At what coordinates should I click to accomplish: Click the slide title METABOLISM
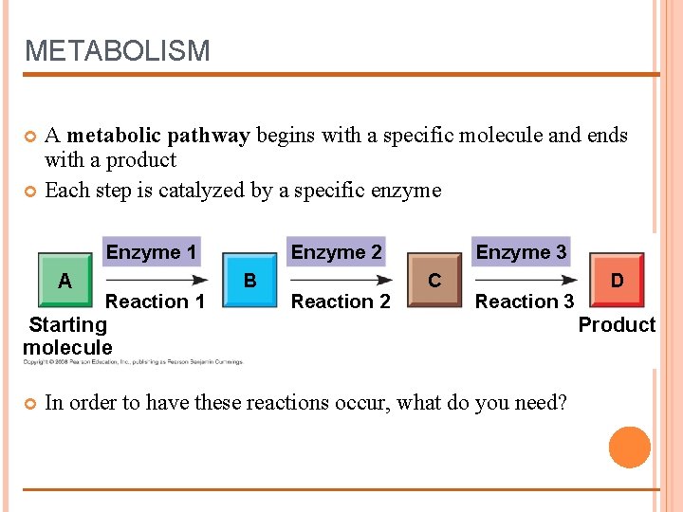(x=117, y=50)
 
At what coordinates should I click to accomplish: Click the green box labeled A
(x=65, y=281)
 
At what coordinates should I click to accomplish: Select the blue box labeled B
(x=249, y=281)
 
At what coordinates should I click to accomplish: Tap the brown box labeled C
(x=434, y=281)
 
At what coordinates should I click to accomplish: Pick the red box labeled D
(x=617, y=281)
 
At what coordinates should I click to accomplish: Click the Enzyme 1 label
(x=152, y=252)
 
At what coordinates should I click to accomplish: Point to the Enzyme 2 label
(x=337, y=252)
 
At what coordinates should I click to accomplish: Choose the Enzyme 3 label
(x=521, y=252)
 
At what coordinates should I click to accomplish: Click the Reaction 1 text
(x=155, y=302)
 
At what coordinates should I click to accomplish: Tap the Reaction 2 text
(x=341, y=302)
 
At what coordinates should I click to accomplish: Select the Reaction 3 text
(x=525, y=302)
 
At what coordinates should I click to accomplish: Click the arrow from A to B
(x=157, y=280)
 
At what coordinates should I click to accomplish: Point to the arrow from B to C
(x=341, y=280)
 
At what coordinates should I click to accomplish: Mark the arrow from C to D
(x=526, y=280)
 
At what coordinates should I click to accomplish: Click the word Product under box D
(x=617, y=324)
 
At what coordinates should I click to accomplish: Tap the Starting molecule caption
(x=67, y=336)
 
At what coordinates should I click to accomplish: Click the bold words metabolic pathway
(x=158, y=136)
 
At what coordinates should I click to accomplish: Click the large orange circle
(x=630, y=448)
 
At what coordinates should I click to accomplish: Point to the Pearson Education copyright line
(x=133, y=361)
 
